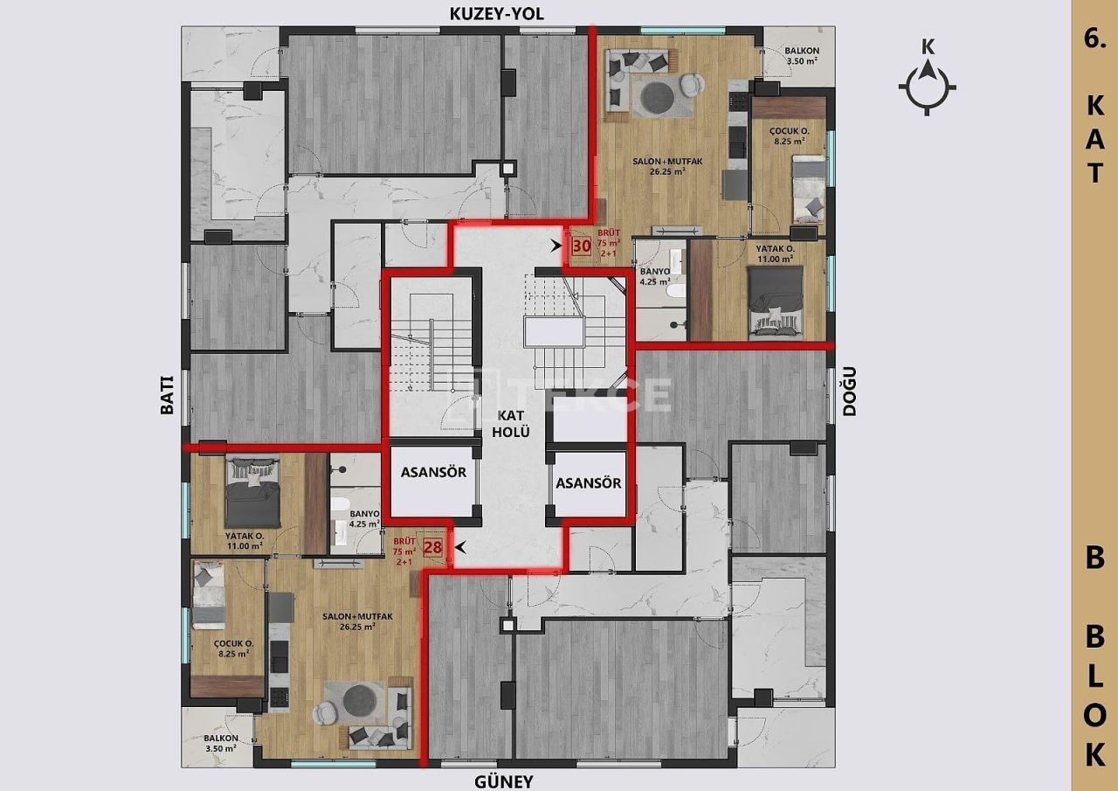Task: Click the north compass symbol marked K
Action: click(928, 86)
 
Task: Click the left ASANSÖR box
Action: click(433, 473)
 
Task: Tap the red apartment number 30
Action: click(581, 246)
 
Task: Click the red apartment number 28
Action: click(432, 548)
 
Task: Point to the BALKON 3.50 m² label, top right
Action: click(800, 56)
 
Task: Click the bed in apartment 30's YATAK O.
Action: click(775, 300)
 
